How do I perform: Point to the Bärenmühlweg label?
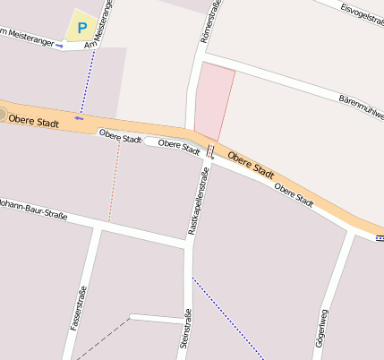(361, 107)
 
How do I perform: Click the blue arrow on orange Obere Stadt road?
(80, 117)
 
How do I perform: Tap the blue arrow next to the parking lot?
(59, 45)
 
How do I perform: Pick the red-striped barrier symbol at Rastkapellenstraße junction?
(210, 150)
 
